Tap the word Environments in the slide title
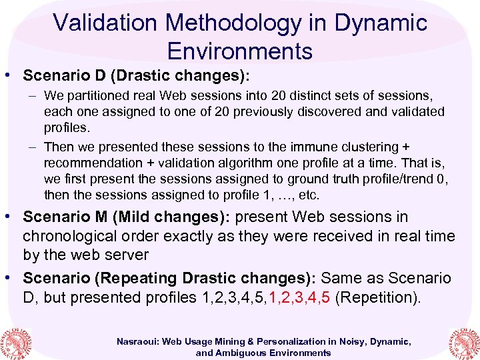[240, 51]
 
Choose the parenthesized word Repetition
[377, 297]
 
